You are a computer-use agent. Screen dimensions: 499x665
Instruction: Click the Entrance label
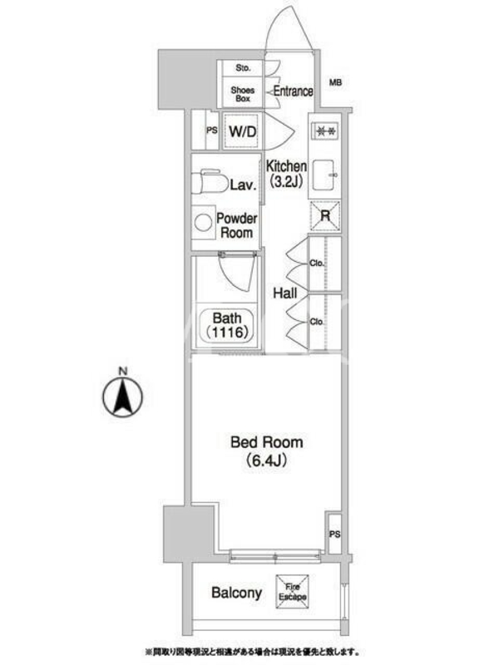click(x=294, y=91)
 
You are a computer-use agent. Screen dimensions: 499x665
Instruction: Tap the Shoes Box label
click(x=243, y=94)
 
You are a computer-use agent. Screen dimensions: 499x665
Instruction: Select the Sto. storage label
click(x=243, y=68)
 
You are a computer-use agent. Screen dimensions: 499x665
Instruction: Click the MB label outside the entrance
click(x=335, y=82)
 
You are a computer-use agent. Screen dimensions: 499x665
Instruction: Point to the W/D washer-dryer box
click(x=242, y=131)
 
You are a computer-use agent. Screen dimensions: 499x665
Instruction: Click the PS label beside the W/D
click(x=212, y=131)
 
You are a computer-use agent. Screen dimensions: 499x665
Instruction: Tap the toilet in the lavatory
click(x=210, y=182)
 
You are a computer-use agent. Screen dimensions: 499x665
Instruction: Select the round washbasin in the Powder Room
click(x=203, y=223)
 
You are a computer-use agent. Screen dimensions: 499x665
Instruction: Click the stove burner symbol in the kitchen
click(x=325, y=131)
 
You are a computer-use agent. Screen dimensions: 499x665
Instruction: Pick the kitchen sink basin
click(x=325, y=175)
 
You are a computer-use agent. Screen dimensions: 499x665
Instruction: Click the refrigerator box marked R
click(x=325, y=216)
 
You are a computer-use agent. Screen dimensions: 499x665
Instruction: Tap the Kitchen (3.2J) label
click(x=286, y=174)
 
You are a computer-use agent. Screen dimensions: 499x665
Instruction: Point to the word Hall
click(x=284, y=293)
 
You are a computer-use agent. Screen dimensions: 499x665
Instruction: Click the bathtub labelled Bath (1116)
click(x=226, y=325)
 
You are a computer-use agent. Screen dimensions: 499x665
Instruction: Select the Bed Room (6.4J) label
click(x=266, y=451)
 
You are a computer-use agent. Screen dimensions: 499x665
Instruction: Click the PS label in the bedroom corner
click(x=335, y=534)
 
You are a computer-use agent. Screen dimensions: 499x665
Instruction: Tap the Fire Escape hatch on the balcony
click(x=293, y=592)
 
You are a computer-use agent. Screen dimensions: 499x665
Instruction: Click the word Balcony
click(x=236, y=593)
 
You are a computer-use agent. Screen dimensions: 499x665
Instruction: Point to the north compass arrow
click(x=122, y=397)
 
